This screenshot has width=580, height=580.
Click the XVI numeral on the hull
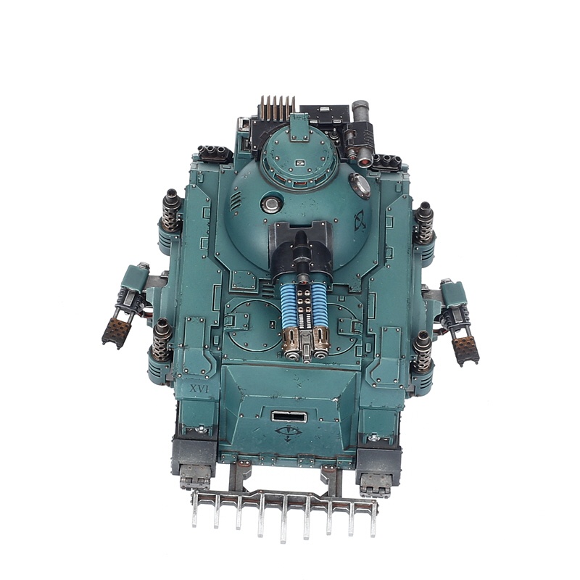199,389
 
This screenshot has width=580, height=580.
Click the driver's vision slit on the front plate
289,417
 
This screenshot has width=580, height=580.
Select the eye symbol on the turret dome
360,220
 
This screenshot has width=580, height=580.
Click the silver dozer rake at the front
284,510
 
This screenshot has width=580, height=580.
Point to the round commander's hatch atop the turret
299,155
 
